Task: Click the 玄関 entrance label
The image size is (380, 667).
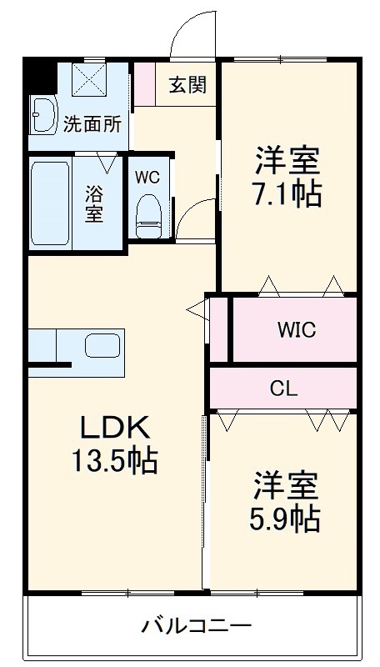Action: [x=187, y=84]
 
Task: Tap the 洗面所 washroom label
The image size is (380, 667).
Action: [x=92, y=124]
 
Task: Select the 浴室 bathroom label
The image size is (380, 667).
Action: [x=94, y=203]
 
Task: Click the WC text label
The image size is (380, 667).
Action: [x=147, y=177]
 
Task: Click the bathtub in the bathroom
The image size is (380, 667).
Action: [x=50, y=203]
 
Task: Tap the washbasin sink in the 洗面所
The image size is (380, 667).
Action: [x=41, y=113]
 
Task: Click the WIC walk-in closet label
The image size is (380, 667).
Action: [x=296, y=329]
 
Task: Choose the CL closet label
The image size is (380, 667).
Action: [x=283, y=388]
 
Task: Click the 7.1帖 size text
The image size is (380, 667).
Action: [x=287, y=193]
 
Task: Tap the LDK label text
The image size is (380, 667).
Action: [x=114, y=429]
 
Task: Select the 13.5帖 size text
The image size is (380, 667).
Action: [x=114, y=460]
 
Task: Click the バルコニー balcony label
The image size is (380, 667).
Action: [x=196, y=625]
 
